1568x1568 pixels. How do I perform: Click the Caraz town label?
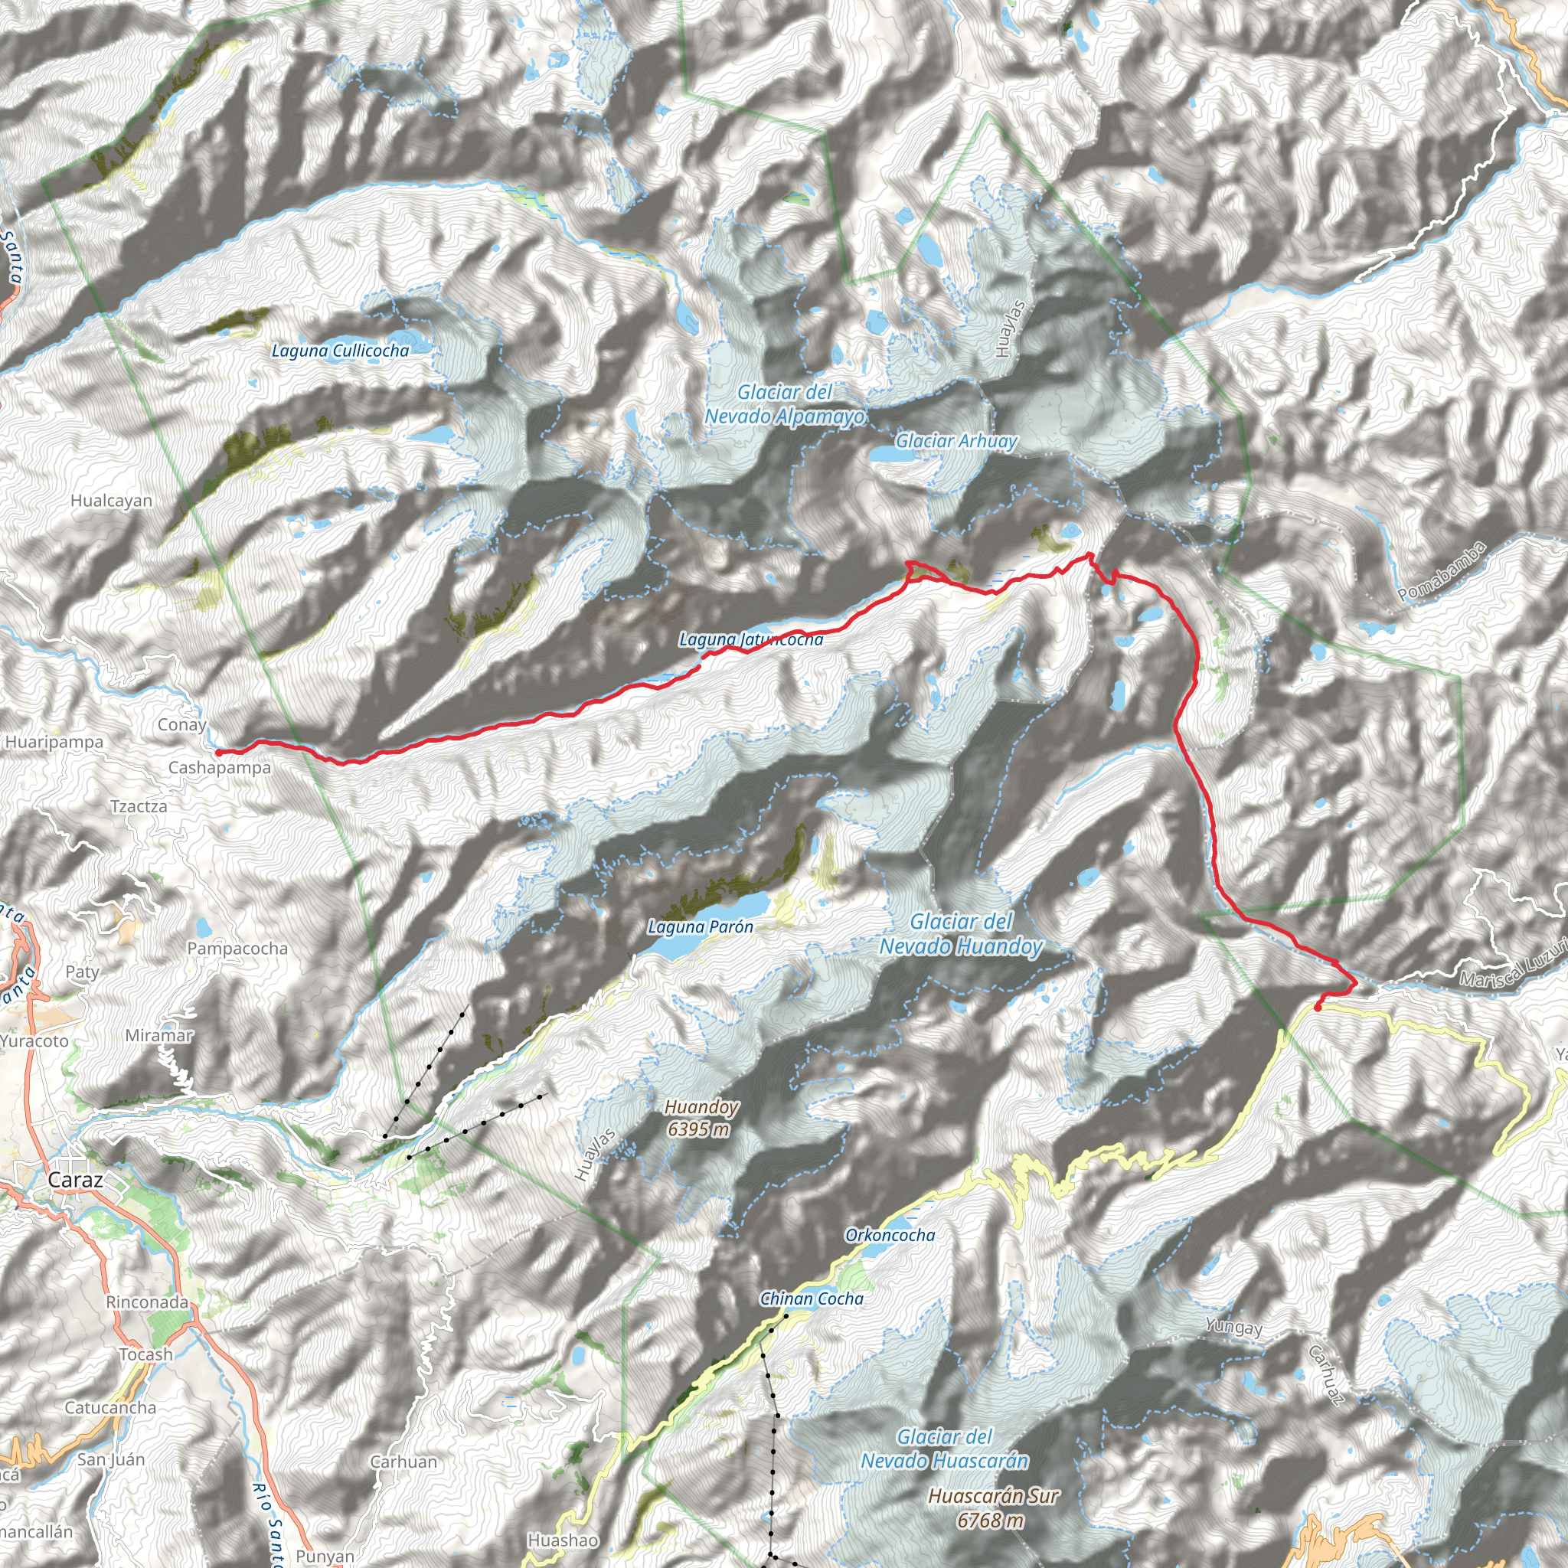[x=76, y=1180]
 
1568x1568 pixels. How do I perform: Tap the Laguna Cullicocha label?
[x=340, y=351]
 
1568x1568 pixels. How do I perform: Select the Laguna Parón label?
[x=701, y=927]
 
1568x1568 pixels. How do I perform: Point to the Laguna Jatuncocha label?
[x=751, y=639]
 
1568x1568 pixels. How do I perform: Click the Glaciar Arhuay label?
[x=956, y=441]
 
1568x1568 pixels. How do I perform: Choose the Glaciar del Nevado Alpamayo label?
[x=785, y=404]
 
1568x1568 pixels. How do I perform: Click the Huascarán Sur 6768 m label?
[x=993, y=1508]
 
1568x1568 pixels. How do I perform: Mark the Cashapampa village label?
[x=219, y=768]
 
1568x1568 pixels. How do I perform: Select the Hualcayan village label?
[x=111, y=501]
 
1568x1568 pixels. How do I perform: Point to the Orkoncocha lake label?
[x=890, y=1235]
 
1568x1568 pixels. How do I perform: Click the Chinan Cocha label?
[x=812, y=1298]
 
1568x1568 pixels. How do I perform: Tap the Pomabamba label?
[x=1442, y=571]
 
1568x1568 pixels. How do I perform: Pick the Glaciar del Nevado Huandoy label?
[x=961, y=934]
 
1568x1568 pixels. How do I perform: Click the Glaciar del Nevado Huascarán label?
[x=945, y=1449]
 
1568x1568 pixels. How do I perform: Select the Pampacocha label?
[x=237, y=948]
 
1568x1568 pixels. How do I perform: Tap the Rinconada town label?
[x=147, y=1302]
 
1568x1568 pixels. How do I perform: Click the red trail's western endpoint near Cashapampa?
[x=218, y=753]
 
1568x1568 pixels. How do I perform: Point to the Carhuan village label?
[x=403, y=1462]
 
